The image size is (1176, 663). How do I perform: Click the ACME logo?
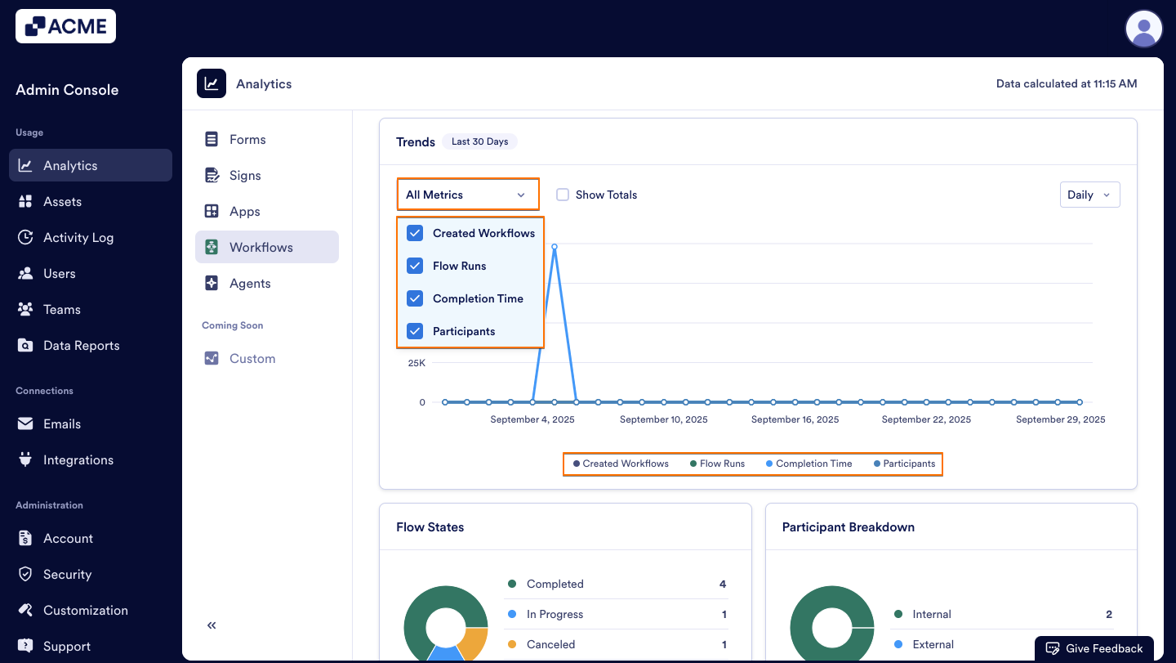coord(65,26)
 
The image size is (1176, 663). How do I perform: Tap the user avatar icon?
coord(1143,29)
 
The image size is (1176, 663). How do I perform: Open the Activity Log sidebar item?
coord(78,237)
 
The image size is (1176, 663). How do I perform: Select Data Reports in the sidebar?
coord(81,345)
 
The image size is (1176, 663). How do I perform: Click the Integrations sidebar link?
coord(78,459)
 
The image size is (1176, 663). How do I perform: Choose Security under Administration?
coord(67,574)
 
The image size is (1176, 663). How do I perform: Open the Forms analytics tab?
coord(247,139)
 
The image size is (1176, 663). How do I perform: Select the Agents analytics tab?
coord(250,283)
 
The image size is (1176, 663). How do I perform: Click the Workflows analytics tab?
coord(261,247)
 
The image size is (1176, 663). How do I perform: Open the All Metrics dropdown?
coord(467,195)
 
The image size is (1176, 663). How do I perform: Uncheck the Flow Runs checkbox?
coord(415,266)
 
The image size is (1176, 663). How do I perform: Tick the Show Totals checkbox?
coord(563,195)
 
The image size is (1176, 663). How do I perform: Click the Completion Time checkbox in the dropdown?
coord(415,298)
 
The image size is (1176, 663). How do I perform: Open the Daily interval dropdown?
coord(1089,195)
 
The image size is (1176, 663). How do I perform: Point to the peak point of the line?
coord(555,246)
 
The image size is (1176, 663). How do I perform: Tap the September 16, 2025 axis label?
coord(795,419)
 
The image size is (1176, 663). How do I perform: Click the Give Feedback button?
coord(1094,648)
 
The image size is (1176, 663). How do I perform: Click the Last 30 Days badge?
coord(479,141)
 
